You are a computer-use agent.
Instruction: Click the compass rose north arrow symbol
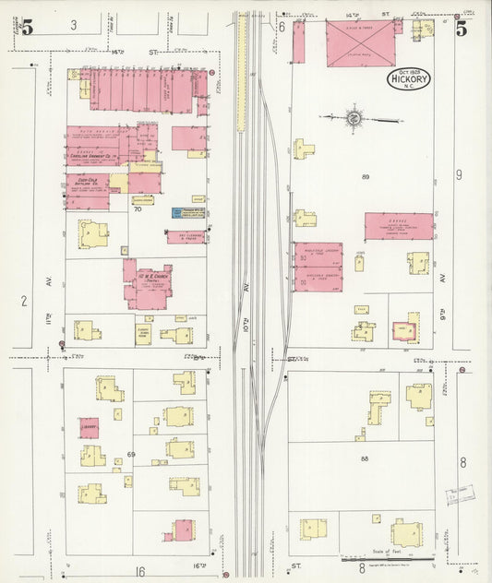click(x=353, y=117)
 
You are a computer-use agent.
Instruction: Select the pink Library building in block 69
click(x=89, y=427)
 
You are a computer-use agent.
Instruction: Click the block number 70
click(x=137, y=210)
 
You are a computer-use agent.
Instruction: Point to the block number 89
click(x=366, y=175)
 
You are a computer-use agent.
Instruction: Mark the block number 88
click(x=365, y=458)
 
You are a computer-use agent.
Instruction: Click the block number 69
click(x=130, y=455)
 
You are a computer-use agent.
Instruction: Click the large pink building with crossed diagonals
click(x=360, y=43)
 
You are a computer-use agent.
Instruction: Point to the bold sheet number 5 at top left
click(x=27, y=28)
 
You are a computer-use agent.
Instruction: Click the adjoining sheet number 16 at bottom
click(x=140, y=572)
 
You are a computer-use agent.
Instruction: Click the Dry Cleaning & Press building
click(x=186, y=237)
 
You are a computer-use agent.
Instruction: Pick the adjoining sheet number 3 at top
click(x=74, y=25)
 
